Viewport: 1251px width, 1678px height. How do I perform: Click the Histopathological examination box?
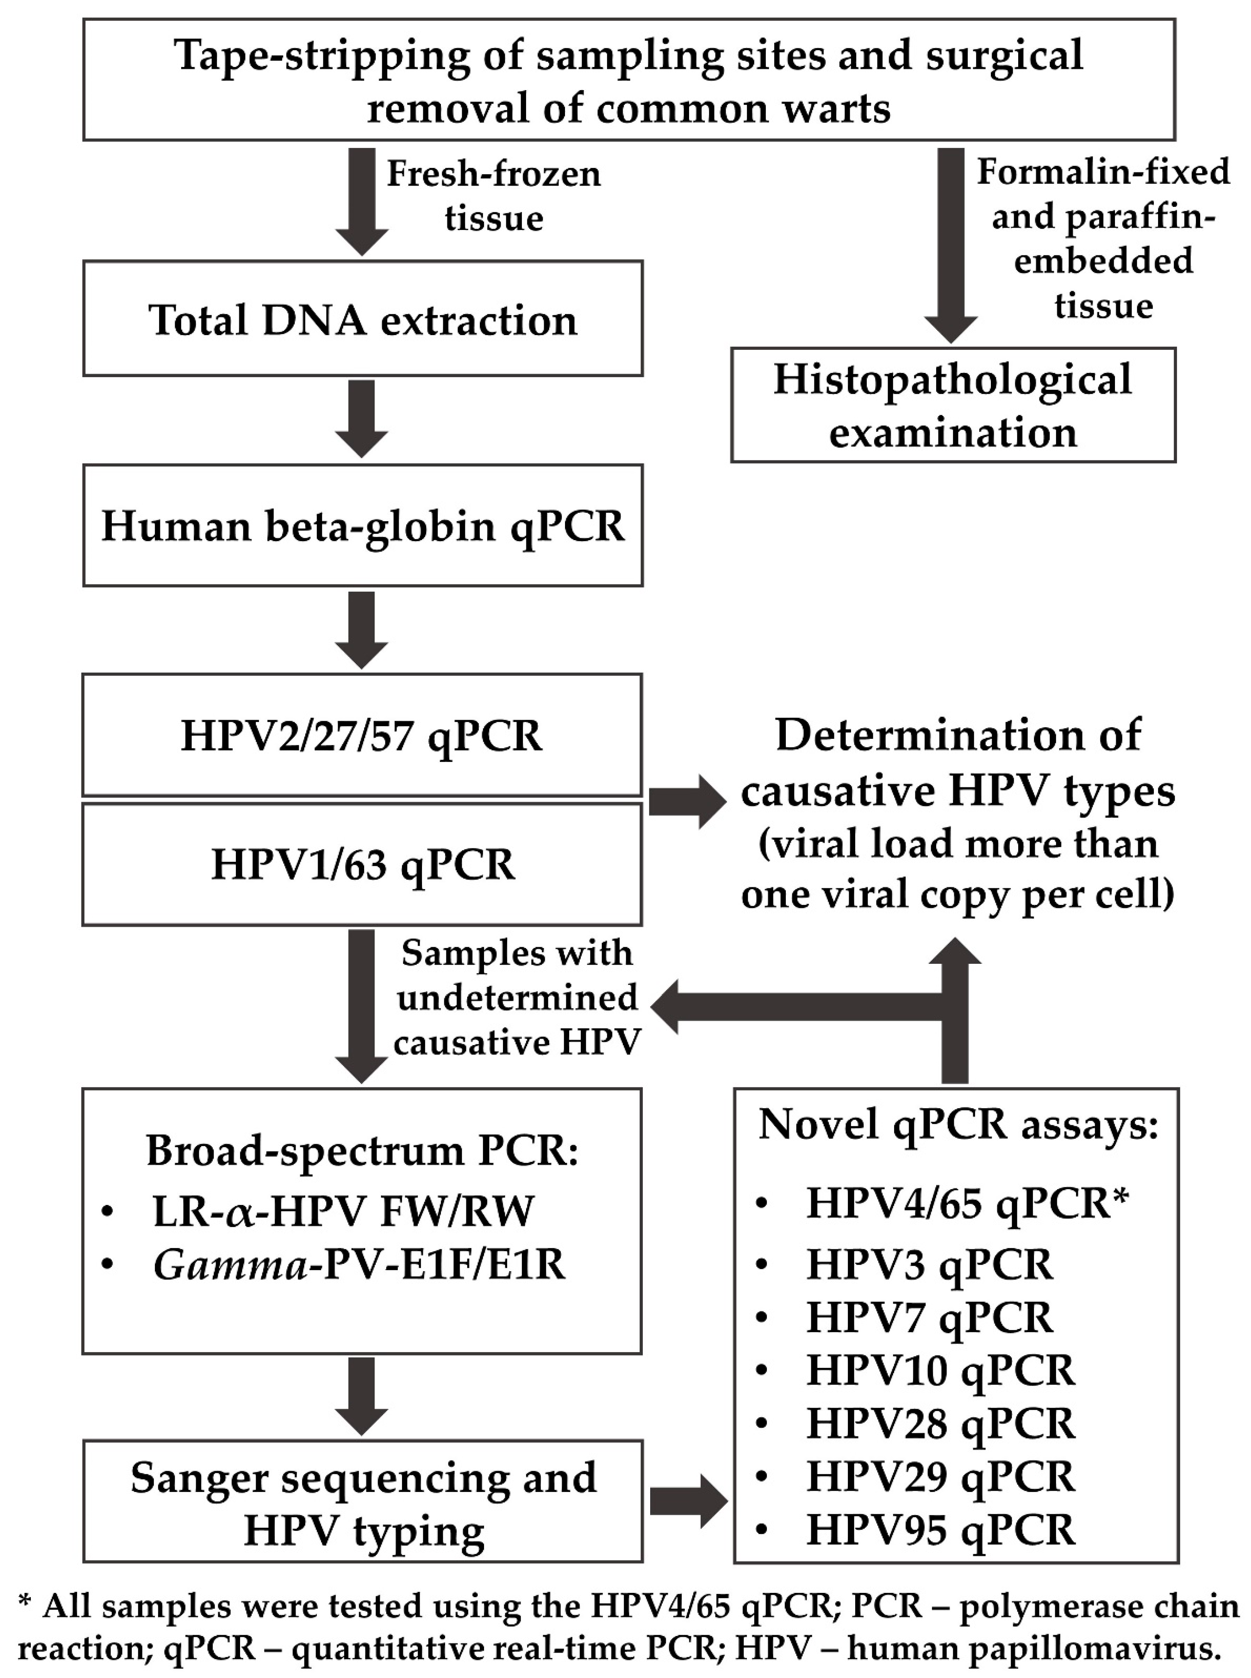click(x=953, y=405)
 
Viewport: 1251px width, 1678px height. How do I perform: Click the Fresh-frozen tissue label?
click(x=494, y=196)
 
